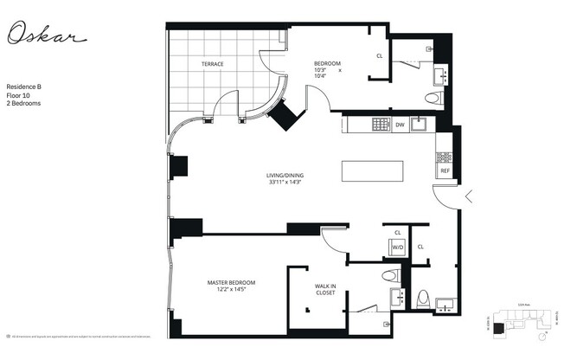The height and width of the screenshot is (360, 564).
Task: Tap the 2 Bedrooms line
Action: pos(24,103)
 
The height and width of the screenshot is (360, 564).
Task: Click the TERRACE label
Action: pos(213,64)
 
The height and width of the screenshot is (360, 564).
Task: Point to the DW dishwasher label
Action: pos(400,125)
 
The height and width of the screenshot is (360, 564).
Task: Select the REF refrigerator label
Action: pos(445,170)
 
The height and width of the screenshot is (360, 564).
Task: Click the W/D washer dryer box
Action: pos(398,247)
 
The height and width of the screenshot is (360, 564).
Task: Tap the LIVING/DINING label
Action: pos(285,176)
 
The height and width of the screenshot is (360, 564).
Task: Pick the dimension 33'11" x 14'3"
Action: pos(285,183)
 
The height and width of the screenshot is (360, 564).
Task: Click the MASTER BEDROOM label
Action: pos(228,283)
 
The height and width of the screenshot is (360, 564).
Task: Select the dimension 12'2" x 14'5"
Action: pos(228,291)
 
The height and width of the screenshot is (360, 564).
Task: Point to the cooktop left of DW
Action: pos(381,125)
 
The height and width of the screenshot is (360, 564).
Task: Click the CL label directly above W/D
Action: pos(398,233)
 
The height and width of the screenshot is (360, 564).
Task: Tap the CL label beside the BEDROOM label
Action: pos(379,56)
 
